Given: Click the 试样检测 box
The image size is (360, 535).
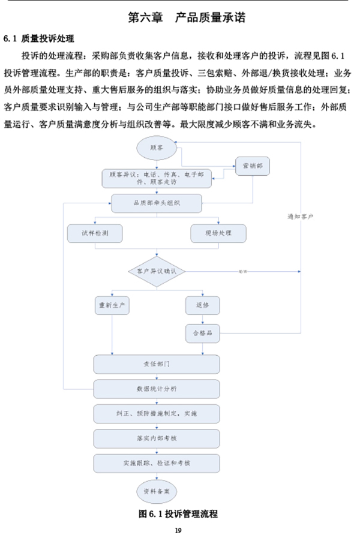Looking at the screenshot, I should (x=95, y=233).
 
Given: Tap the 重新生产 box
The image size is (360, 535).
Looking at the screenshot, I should (x=113, y=305).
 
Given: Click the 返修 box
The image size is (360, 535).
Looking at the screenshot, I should (x=202, y=305).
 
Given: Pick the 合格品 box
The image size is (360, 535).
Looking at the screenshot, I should (x=202, y=332).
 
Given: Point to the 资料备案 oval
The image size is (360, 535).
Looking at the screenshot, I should (x=157, y=490).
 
